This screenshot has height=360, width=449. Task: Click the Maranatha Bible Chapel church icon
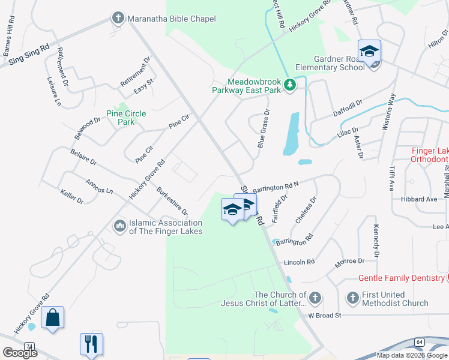click(x=118, y=19)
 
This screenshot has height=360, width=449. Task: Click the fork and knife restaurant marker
click(x=91, y=344)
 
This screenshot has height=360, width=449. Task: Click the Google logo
click(x=19, y=352)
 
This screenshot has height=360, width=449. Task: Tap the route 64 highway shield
click(x=419, y=341)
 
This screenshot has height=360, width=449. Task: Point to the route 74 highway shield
click(x=29, y=346)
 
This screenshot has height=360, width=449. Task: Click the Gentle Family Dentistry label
click(x=401, y=278)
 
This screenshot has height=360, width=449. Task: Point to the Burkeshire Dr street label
click(x=172, y=202)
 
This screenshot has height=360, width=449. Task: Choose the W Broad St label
click(x=324, y=315)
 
